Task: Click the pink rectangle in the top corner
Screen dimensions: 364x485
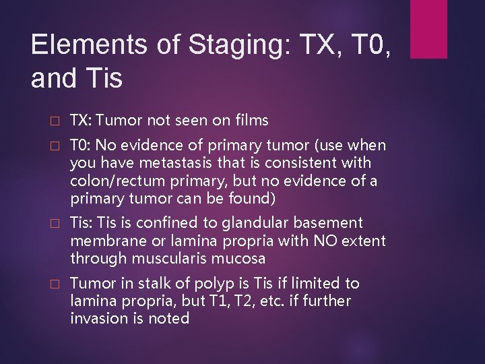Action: tap(428, 29)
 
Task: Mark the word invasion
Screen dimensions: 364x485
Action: tap(97, 318)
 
